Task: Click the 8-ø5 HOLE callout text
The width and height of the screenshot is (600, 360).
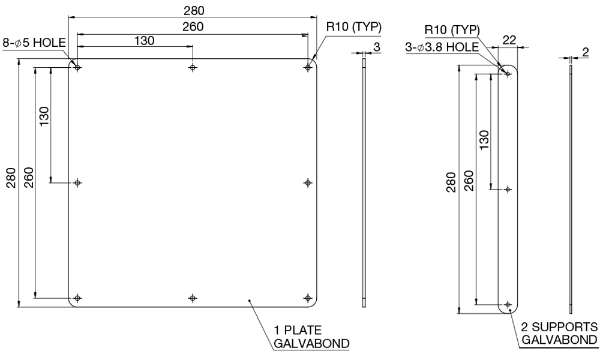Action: pyautogui.click(x=34, y=43)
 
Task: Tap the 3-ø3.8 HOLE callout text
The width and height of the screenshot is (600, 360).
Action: pyautogui.click(x=442, y=47)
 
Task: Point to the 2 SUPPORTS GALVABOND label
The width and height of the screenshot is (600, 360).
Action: pyautogui.click(x=559, y=333)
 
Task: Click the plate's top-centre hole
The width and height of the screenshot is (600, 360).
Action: pyautogui.click(x=193, y=68)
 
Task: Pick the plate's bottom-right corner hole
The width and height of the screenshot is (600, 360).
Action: pyautogui.click(x=308, y=298)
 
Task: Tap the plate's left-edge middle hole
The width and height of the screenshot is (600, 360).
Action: pyautogui.click(x=77, y=183)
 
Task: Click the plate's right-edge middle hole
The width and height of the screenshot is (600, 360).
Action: pyautogui.click(x=308, y=183)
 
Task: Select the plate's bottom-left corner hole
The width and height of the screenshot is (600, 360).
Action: pyautogui.click(x=77, y=298)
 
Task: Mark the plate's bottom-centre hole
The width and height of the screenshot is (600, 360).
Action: pyautogui.click(x=193, y=298)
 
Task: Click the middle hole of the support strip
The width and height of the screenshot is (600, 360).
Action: pyautogui.click(x=508, y=189)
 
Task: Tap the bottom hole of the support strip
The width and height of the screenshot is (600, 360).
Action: pyautogui.click(x=508, y=305)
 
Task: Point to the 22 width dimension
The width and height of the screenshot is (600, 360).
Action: pyautogui.click(x=509, y=40)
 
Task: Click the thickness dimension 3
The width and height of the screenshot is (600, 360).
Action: pyautogui.click(x=377, y=47)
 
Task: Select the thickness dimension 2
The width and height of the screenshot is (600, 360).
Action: pyautogui.click(x=586, y=52)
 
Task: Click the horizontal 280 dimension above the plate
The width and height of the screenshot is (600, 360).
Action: pyautogui.click(x=194, y=11)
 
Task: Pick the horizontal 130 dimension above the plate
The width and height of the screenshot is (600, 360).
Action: pyautogui.click(x=144, y=41)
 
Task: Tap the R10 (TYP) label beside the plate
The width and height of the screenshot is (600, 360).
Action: pyautogui.click(x=354, y=27)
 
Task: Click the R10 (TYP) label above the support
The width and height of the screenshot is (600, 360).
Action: pyautogui.click(x=452, y=30)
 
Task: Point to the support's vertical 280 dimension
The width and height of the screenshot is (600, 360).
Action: pyautogui.click(x=452, y=182)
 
